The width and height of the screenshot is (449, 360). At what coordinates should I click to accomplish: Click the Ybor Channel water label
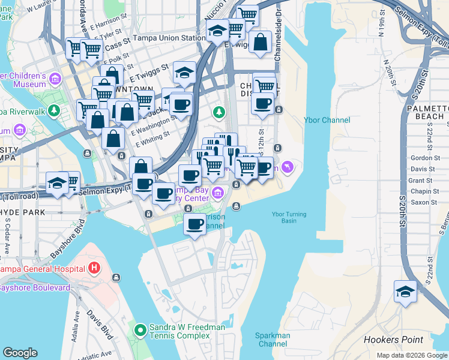click(327, 120)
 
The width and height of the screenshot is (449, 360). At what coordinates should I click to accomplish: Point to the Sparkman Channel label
click(273, 340)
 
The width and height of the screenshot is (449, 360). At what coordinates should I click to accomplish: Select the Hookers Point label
click(393, 340)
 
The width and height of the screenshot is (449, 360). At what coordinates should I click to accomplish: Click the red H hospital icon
click(94, 267)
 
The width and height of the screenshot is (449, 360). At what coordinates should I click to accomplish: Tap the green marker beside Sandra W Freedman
click(140, 330)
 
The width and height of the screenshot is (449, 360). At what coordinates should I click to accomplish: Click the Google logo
click(20, 352)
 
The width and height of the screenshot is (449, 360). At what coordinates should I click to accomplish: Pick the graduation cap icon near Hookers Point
click(405, 292)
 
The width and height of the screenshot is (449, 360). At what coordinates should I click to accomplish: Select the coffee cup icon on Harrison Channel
click(194, 224)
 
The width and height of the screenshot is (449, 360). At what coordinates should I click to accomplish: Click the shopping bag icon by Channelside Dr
click(261, 43)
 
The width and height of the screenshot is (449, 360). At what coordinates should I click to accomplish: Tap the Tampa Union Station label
click(169, 38)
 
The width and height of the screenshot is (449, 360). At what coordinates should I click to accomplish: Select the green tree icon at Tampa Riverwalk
click(55, 111)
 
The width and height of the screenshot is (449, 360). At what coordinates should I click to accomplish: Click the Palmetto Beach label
click(429, 111)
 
